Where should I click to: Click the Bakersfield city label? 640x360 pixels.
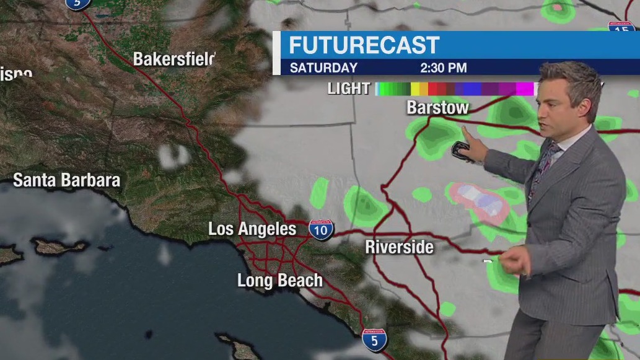174,59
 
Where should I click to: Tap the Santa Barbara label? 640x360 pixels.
66,180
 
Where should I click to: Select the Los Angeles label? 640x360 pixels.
252,229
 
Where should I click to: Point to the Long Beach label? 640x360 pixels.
280,281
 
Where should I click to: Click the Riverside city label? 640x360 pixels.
399,247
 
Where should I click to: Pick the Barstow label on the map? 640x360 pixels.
437,107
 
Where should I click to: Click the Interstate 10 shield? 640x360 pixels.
321,229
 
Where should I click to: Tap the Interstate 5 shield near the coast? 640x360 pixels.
374,340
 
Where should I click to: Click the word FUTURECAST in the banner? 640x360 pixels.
364,45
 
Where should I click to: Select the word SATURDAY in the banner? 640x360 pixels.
323,68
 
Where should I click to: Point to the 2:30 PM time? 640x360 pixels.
443,68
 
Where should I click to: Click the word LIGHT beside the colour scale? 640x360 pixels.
349,89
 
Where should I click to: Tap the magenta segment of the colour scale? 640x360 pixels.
524,89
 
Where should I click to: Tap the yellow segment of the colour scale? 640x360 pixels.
415,89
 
